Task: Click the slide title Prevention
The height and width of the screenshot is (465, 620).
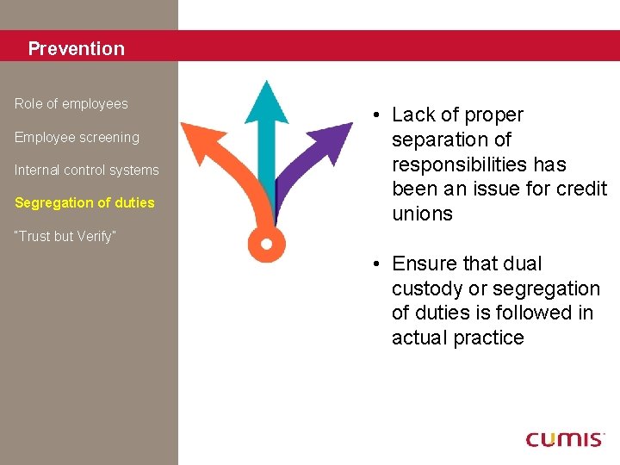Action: pyautogui.click(x=76, y=49)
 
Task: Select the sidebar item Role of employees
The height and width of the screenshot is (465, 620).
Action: pyautogui.click(x=71, y=104)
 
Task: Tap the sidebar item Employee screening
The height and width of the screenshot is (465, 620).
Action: pyautogui.click(x=77, y=138)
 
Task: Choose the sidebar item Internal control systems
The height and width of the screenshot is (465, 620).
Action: pyautogui.click(x=86, y=170)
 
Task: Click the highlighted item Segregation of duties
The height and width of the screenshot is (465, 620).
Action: pyautogui.click(x=84, y=203)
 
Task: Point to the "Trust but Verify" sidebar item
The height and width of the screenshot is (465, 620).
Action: pyautogui.click(x=65, y=237)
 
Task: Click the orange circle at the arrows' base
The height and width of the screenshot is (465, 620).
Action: pyautogui.click(x=266, y=245)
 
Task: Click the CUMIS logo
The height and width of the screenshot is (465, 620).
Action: pyautogui.click(x=565, y=439)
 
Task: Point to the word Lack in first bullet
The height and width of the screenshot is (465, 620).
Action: pyautogui.click(x=413, y=115)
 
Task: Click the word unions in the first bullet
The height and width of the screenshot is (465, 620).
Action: pyautogui.click(x=422, y=214)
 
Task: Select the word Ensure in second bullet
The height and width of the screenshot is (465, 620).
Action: pyautogui.click(x=424, y=264)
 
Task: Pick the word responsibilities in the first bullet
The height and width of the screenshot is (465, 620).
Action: pyautogui.click(x=461, y=164)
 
